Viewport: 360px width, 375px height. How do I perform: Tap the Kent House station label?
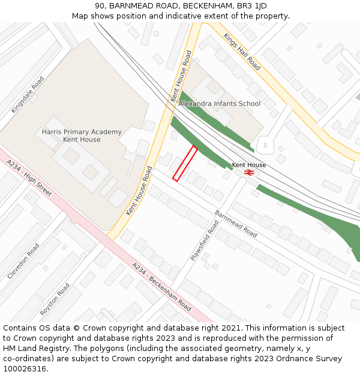coord(248,164)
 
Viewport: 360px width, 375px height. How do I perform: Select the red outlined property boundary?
coord(185,163)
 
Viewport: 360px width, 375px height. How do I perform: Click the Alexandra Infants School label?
coord(219,103)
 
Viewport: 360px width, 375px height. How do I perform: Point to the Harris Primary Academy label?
coord(82,136)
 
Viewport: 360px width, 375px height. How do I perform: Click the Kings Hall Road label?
coord(242,52)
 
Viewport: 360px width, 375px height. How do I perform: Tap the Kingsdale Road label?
coord(28,95)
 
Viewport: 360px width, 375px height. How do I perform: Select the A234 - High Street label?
coord(29,178)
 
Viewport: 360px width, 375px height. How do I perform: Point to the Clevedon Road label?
coord(23,260)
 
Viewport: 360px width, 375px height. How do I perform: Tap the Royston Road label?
coord(55,299)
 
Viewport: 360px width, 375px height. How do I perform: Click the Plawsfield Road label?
coord(205,240)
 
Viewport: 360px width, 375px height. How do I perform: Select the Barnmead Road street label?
coord(235,223)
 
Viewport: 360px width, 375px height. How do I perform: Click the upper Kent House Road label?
coord(181,75)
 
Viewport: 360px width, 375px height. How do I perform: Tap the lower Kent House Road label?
coord(136,191)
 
